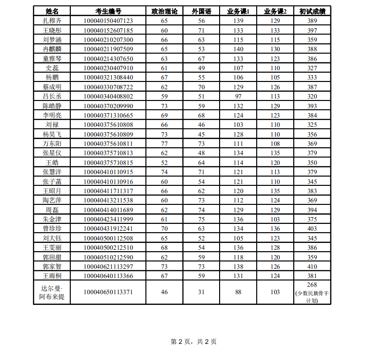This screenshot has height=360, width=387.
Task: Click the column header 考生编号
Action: (x=108, y=11)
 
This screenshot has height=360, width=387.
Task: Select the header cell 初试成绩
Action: (x=312, y=11)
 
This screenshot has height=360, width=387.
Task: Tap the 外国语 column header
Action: (x=201, y=11)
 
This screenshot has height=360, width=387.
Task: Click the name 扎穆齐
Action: (x=52, y=20)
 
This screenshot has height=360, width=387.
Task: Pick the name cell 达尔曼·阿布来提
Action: (x=52, y=293)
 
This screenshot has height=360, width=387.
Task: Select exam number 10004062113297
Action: (x=108, y=266)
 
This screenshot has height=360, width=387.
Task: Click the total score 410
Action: (x=312, y=266)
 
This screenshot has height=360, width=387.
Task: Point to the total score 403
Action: (x=312, y=228)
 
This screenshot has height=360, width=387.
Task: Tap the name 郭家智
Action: (x=52, y=266)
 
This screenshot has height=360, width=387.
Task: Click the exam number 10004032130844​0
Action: (x=108, y=77)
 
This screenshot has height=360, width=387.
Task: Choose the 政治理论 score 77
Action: (x=164, y=143)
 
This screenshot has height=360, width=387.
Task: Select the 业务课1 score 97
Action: (x=238, y=96)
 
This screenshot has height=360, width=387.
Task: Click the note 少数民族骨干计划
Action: (x=312, y=297)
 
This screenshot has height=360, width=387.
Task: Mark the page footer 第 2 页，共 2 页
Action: (x=193, y=341)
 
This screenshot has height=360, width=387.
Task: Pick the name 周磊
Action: (x=52, y=210)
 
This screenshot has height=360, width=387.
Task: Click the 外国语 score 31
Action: (x=201, y=292)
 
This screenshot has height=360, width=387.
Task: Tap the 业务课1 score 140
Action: (x=238, y=49)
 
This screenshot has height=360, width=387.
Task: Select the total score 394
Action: (x=312, y=210)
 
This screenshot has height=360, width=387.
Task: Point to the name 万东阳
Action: (x=52, y=143)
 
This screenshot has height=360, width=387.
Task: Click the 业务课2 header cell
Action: (x=275, y=11)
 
